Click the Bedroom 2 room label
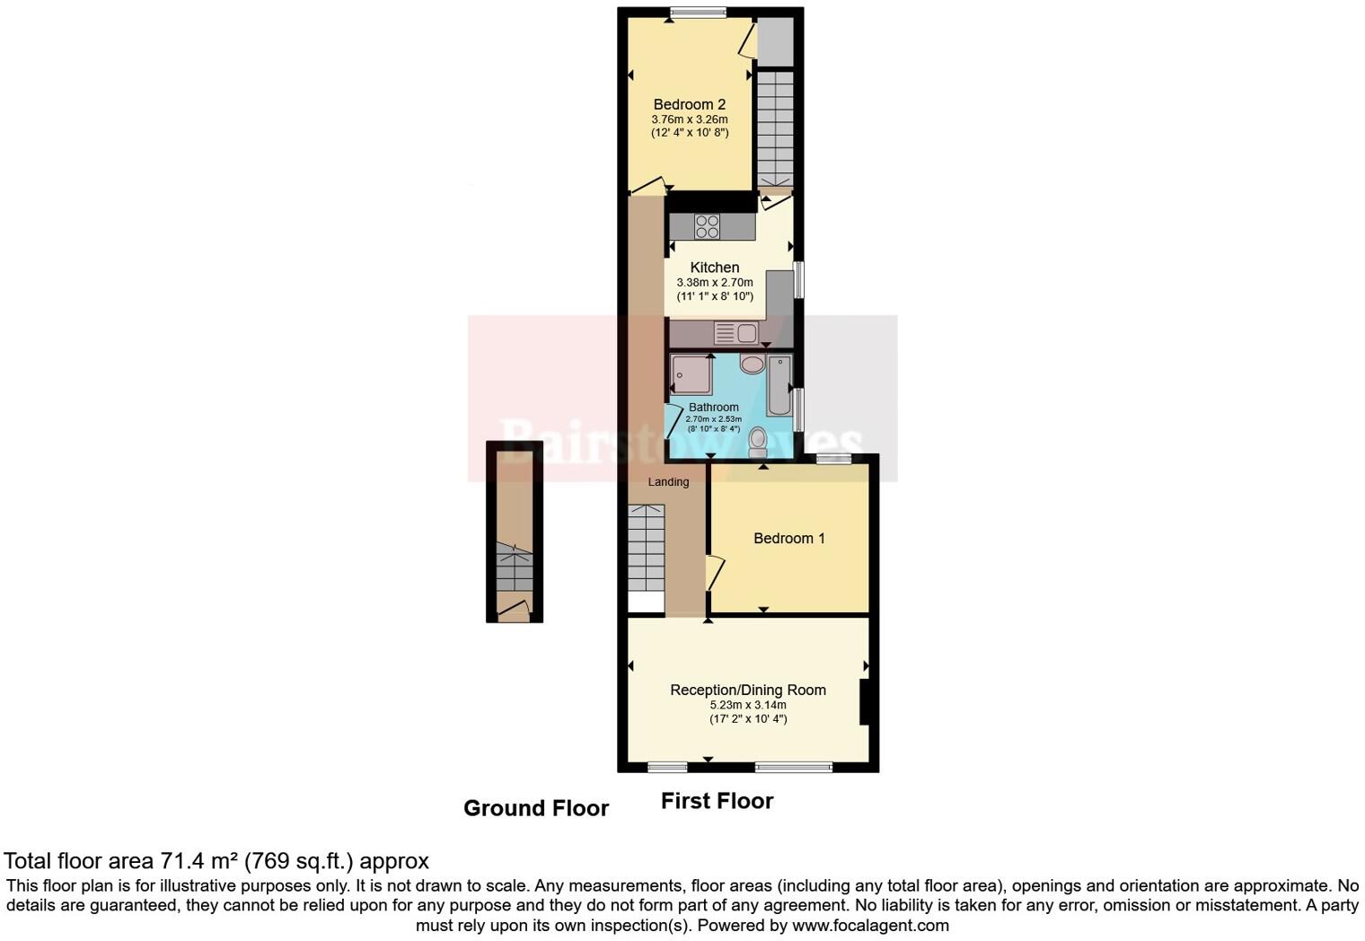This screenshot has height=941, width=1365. tap(689, 104)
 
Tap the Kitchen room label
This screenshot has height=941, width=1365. tap(715, 268)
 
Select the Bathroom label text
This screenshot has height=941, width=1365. tap(714, 408)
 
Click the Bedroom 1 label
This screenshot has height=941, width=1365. tap(788, 539)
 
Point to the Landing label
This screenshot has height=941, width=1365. tap(668, 482)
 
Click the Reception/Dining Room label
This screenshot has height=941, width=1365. tap(748, 690)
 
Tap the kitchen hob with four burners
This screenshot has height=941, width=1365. tap(707, 226)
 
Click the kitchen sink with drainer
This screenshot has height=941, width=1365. tap(735, 333)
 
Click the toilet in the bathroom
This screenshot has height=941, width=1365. tap(758, 442)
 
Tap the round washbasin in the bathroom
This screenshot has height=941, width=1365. tap(752, 364)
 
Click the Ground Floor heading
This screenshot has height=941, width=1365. tap(536, 809)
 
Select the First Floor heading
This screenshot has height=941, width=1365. tap(717, 801)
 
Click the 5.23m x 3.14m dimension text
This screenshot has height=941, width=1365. tap(748, 706)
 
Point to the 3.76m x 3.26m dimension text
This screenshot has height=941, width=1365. tap(689, 119)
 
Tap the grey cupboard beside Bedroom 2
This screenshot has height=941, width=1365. tap(774, 42)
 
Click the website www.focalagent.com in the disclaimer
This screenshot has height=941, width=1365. tap(869, 926)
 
